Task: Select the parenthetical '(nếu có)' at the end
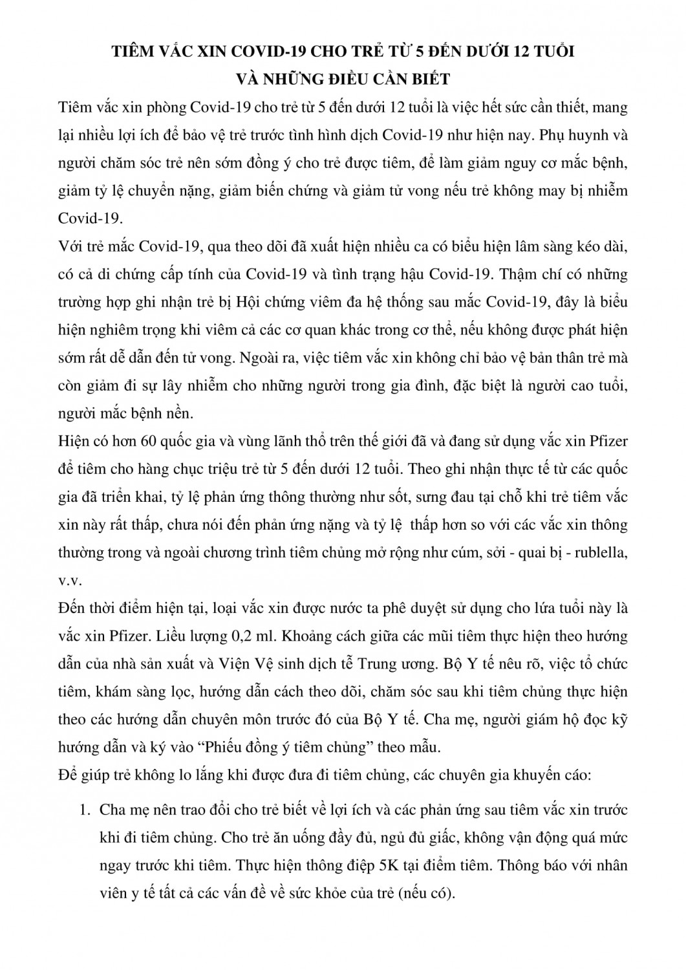click(427, 892)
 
